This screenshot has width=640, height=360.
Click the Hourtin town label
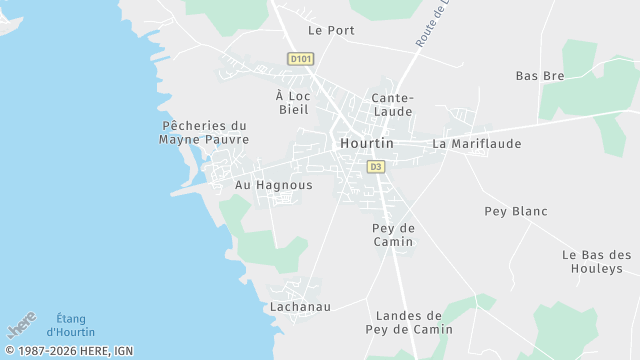coord(367,144)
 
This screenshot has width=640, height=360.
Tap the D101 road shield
coord(300,59)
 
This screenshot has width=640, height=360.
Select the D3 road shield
coord(376,166)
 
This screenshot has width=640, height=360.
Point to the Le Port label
coord(331,30)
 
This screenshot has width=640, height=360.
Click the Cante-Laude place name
coord(392,105)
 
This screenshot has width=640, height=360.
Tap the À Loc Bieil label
coord(293,102)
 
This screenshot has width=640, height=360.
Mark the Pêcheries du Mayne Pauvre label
coord(204,132)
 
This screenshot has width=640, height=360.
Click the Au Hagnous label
coord(273,185)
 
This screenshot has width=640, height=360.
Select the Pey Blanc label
coord(516,211)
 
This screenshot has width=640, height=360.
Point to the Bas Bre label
coord(540,76)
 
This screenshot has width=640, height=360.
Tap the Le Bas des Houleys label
coord(597,261)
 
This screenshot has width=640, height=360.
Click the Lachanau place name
coord(300,306)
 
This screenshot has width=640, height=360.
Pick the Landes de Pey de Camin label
coord(409,322)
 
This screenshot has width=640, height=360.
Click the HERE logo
coord(22,325)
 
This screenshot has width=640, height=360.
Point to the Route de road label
coord(431,25)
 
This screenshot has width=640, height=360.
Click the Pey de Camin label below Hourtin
coord(393,235)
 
